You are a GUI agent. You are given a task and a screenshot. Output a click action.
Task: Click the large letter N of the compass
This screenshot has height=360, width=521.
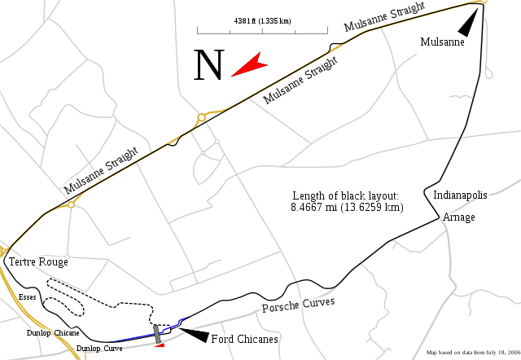pos(208,64)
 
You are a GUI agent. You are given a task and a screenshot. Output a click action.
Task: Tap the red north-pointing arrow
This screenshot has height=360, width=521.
pos(249,64)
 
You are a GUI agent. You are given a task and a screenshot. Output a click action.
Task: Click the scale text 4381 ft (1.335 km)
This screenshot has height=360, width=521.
pos(261,21)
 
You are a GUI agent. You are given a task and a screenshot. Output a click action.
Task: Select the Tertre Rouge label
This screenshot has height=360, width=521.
pos(38,262)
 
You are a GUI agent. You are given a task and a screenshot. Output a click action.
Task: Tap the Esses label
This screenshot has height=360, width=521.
pos(25,298)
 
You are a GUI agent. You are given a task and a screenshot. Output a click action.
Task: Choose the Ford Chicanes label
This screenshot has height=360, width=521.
pos(245,339)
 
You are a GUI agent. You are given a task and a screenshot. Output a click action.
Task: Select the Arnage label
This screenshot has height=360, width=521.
pos(459,217)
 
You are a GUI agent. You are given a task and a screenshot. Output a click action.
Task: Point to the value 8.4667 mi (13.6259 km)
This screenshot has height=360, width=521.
pos(347,208)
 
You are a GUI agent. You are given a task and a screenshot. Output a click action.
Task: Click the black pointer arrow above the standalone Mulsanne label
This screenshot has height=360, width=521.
pos(465,25)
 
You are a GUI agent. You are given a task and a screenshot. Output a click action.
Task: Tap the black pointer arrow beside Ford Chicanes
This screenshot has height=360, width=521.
pos(191,333)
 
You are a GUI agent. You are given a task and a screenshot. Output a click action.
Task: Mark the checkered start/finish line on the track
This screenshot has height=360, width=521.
pos(156,333)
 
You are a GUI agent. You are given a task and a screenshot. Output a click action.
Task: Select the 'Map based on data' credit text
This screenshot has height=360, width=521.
pos(472,353)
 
